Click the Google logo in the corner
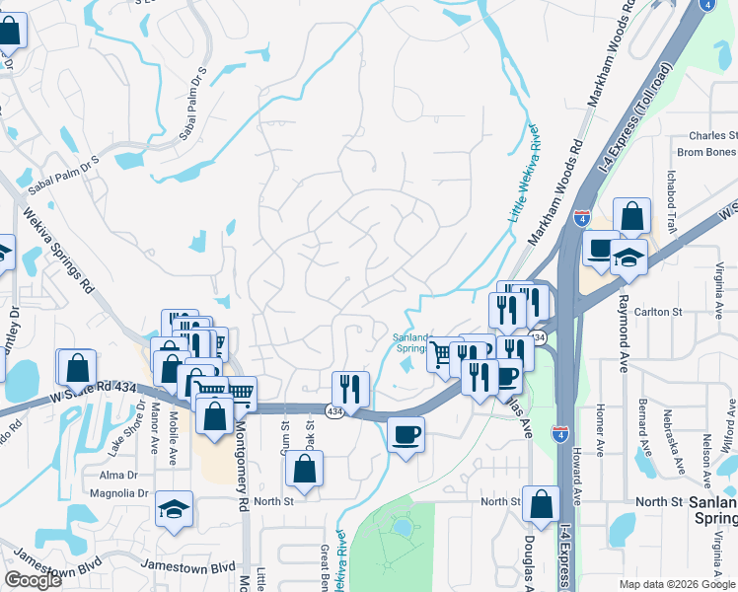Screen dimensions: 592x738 click(x=33, y=580)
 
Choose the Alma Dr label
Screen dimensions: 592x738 click(x=117, y=476)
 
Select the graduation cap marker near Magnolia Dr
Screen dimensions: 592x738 click(x=174, y=510)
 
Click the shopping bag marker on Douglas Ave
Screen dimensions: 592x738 click(x=541, y=504)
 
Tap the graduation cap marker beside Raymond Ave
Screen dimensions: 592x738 click(x=628, y=259)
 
